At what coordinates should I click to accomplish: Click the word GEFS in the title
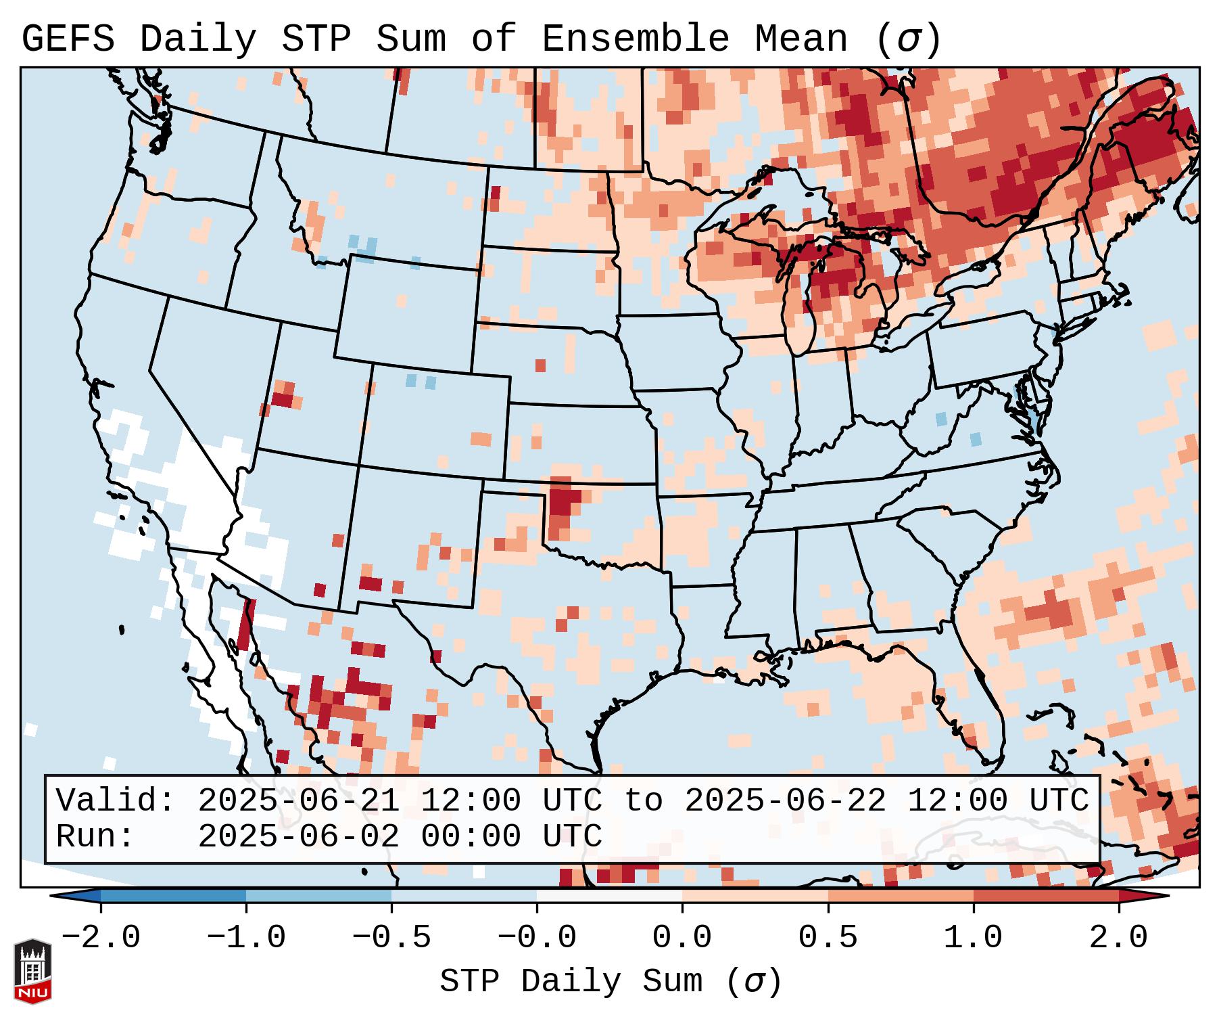tap(68, 39)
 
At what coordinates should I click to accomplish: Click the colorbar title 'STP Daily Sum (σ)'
tap(611, 982)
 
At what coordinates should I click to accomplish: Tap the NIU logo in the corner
tap(32, 971)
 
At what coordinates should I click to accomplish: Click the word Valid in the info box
tap(114, 801)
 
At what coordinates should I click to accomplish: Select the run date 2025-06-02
tap(299, 836)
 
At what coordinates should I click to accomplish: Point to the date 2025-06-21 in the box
tap(299, 801)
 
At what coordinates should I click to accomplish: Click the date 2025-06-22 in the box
tap(786, 801)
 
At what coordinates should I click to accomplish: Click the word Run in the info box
tap(93, 836)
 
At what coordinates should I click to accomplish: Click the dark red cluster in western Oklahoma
tap(563, 501)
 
